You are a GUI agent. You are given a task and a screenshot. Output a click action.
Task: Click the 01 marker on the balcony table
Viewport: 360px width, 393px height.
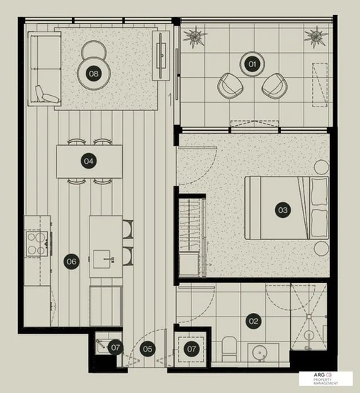tap(251, 64)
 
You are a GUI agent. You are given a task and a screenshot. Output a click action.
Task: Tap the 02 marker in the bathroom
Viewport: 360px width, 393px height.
tap(253, 321)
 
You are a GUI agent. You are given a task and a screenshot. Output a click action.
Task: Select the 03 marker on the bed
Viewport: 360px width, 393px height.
tap(282, 210)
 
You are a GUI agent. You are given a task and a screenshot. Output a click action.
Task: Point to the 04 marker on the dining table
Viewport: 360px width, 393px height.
tap(89, 161)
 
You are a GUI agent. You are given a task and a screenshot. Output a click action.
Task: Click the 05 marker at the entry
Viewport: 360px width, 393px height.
tap(147, 349)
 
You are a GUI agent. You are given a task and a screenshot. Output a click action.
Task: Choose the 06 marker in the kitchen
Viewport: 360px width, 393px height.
tap(71, 261)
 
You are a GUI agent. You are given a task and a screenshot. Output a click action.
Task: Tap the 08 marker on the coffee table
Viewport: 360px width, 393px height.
tap(94, 73)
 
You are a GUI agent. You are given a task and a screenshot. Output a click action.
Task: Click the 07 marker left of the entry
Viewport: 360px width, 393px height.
tap(116, 348)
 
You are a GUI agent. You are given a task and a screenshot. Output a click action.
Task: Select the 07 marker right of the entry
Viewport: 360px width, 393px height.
tap(191, 349)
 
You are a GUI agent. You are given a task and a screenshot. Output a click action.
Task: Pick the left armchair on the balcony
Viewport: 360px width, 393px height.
tap(230, 86)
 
